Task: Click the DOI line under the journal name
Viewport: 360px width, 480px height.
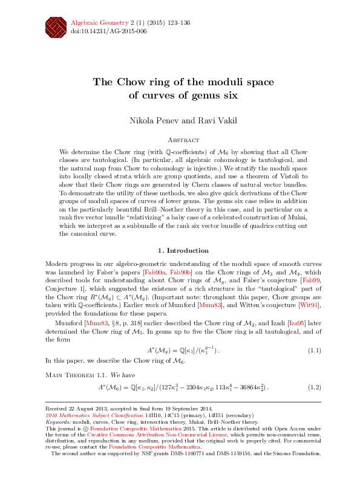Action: [109, 30]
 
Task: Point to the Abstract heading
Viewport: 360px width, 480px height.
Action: [180, 138]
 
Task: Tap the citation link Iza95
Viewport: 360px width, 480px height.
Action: [295, 323]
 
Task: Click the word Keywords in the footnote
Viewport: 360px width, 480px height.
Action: [59, 422]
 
